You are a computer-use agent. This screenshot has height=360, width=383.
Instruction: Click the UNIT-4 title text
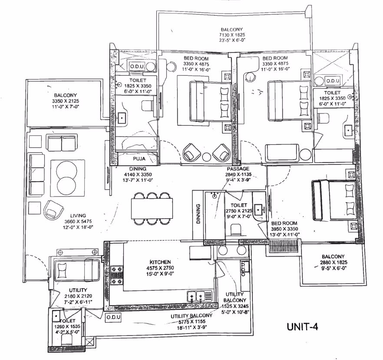[302, 327]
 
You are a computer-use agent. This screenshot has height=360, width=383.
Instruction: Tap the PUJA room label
[139, 159]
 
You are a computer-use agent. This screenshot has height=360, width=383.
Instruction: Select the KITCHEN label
[160, 262]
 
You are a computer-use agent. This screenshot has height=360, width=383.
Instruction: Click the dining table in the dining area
[152, 209]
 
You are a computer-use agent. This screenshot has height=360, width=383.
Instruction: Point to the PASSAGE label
[238, 169]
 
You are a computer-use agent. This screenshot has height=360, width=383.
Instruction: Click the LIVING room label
[78, 216]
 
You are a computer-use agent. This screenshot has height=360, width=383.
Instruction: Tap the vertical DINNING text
[198, 214]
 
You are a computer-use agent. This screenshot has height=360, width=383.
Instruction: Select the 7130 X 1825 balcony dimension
[232, 35]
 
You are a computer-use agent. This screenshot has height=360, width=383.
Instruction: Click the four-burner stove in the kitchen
[117, 275]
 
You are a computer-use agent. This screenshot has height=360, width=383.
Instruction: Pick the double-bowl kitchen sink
[200, 297]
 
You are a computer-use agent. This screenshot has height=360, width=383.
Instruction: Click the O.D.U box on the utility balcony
[113, 317]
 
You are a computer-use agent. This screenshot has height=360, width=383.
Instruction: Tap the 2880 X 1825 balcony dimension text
[333, 263]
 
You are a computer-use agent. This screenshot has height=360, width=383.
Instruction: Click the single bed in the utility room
[76, 270]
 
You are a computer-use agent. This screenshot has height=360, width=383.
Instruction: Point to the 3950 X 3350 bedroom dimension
[284, 229]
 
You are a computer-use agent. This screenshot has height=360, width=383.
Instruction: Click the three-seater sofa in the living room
[36, 174]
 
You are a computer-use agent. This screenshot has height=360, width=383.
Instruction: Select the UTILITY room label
[78, 290]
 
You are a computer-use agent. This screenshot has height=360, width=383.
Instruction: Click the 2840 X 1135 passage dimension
[238, 175]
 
